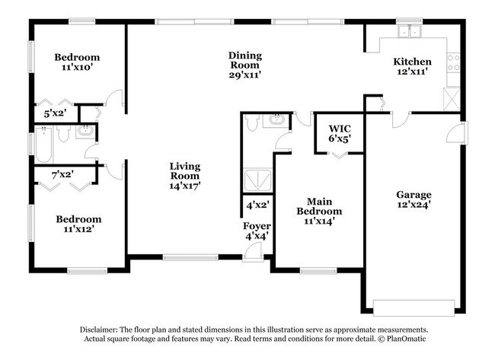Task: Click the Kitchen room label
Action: coord(412,67)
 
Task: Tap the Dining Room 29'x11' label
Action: coord(245,65)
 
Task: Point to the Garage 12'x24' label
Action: coord(414,199)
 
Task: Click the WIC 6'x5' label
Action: coord(339,133)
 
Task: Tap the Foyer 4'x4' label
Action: coord(257,231)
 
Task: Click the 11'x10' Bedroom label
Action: coord(77,62)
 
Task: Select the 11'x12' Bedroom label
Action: coord(78,224)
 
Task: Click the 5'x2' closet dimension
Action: coord(56,113)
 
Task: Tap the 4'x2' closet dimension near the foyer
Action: coord(257,205)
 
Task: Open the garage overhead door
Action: coord(414,307)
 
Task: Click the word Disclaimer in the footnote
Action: coord(101,328)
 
